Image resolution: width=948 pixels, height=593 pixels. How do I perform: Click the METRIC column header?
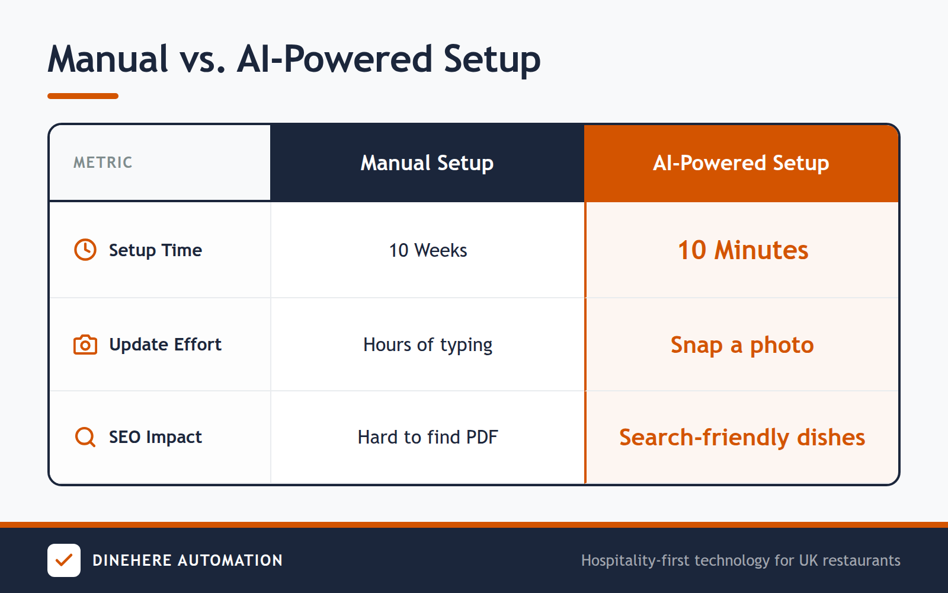[103, 162]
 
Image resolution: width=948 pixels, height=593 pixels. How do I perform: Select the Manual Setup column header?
[427, 163]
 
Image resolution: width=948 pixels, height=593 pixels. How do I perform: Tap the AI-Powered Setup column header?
[741, 163]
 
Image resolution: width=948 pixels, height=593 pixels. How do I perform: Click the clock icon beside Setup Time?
[85, 250]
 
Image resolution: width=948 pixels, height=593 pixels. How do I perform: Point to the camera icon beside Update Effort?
[85, 345]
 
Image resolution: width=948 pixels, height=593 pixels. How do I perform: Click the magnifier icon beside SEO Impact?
[85, 437]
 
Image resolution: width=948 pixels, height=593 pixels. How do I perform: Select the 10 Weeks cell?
[428, 250]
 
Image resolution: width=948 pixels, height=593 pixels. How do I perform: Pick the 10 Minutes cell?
[742, 250]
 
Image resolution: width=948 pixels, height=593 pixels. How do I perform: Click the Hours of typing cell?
[428, 345]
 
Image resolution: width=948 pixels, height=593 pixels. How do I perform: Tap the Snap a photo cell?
[742, 345]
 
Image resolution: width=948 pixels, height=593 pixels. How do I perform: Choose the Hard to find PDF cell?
[428, 437]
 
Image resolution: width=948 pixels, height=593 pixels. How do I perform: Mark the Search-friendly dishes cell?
[742, 437]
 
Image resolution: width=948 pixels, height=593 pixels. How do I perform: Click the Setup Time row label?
[155, 250]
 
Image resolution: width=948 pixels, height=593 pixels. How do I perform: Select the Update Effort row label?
[165, 345]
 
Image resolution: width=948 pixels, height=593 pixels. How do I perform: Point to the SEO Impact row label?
[155, 437]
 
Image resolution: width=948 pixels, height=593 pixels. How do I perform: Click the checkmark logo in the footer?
[64, 560]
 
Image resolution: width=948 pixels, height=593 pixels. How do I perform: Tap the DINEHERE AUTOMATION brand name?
[187, 560]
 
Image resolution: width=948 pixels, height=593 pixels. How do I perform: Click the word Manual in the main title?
[108, 59]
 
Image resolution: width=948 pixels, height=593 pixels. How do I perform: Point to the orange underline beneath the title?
[83, 96]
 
